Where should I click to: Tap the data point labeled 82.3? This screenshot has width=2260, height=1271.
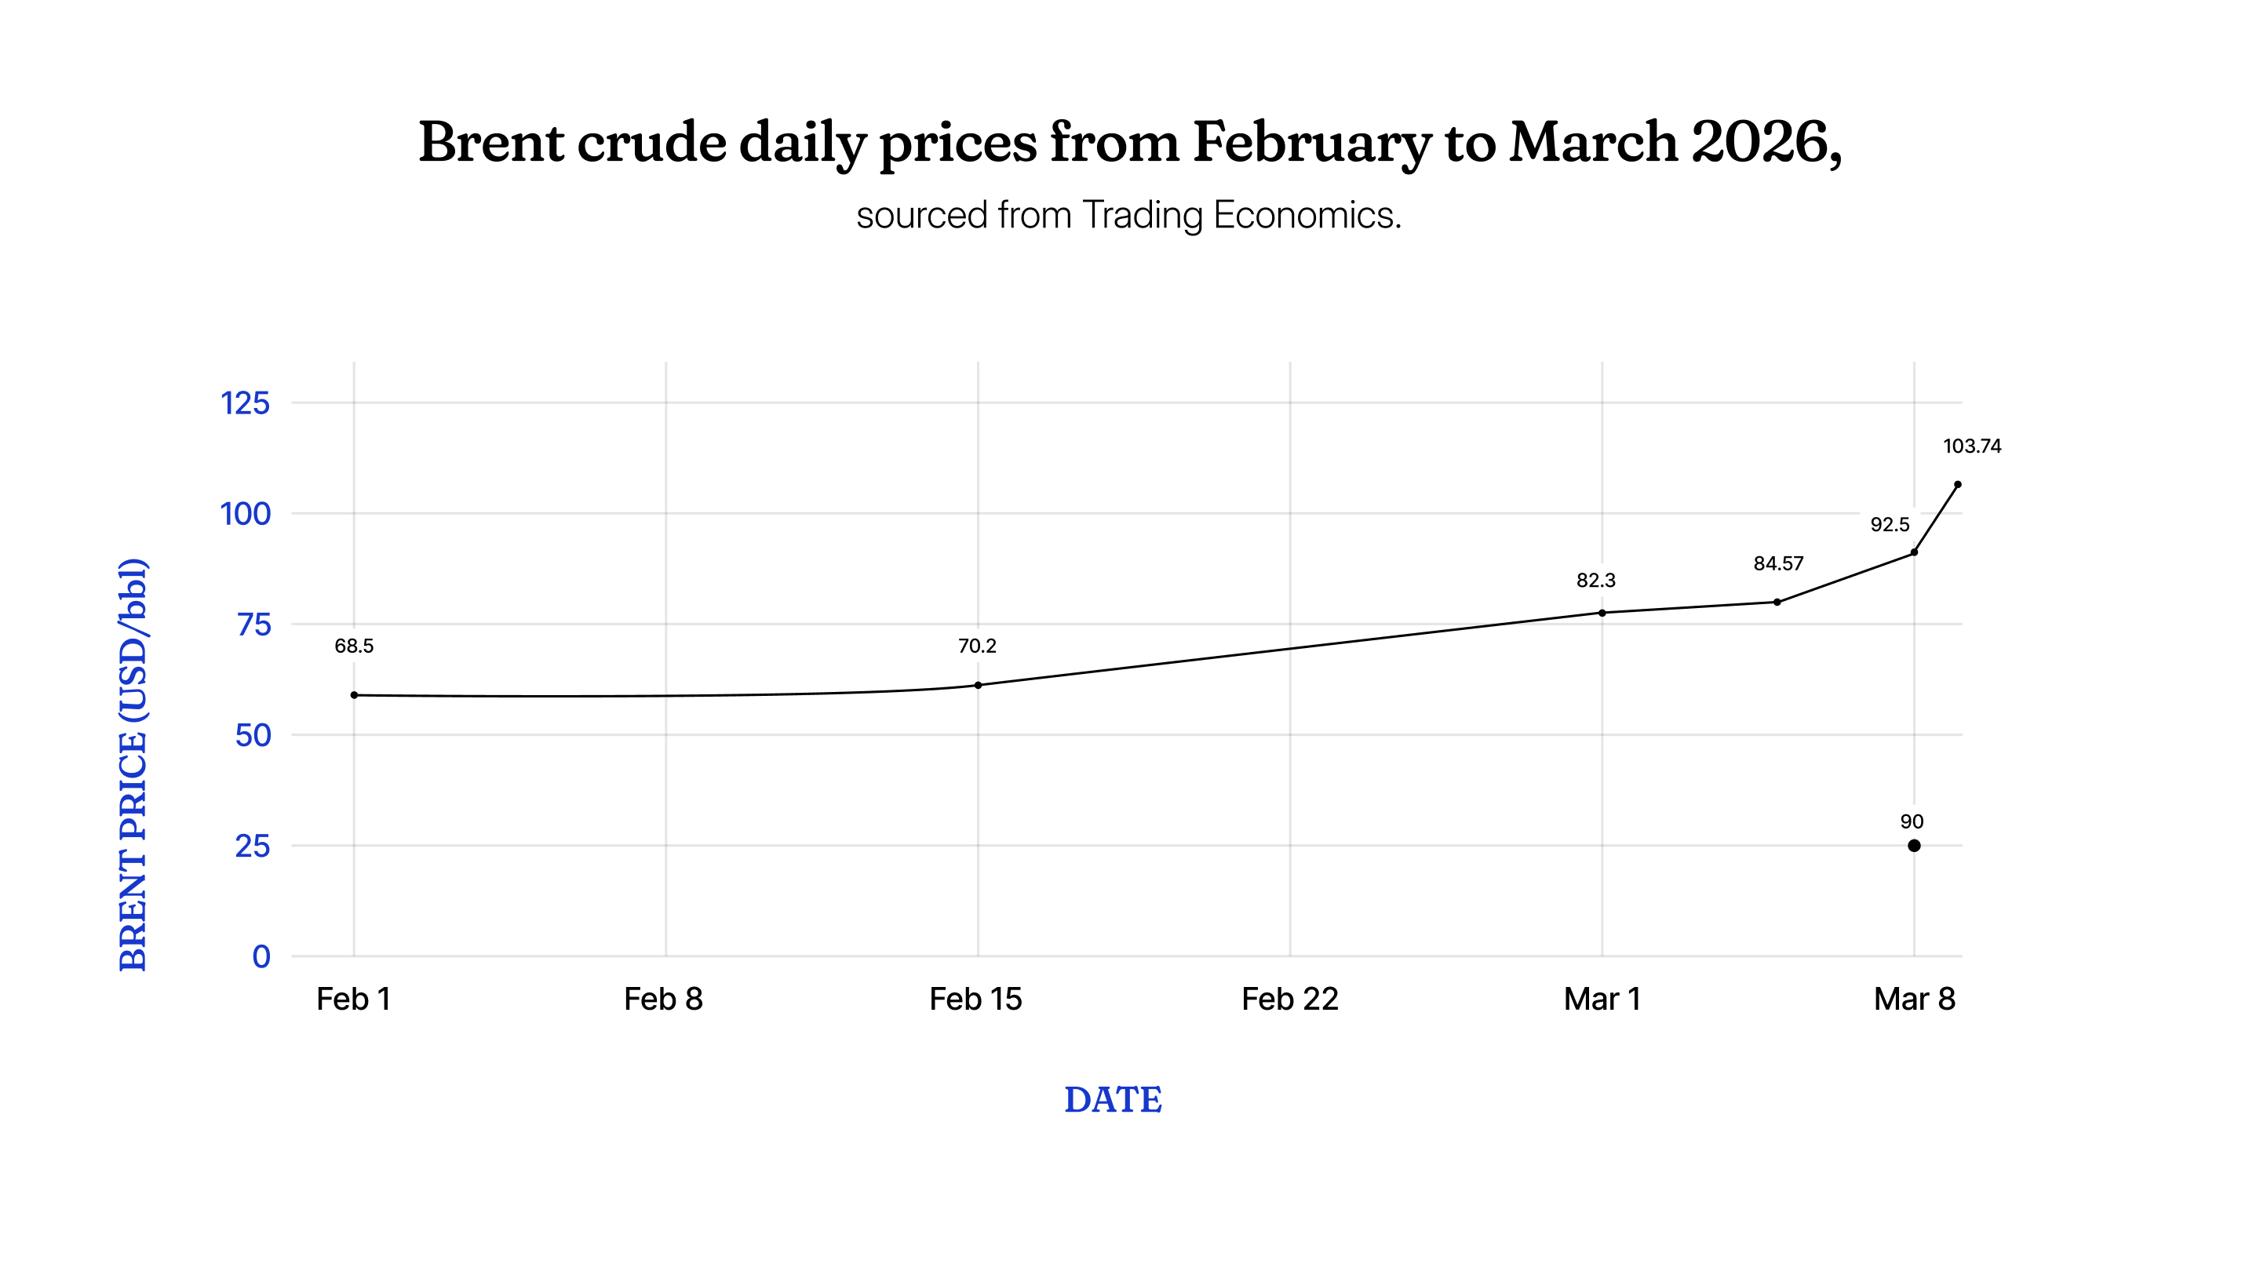[1602, 613]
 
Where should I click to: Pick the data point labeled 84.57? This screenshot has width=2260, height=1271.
[1777, 602]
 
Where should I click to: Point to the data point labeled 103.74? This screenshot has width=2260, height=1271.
[1957, 484]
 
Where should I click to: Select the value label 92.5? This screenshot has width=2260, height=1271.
[1890, 525]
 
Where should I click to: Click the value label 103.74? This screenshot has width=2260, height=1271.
[1972, 446]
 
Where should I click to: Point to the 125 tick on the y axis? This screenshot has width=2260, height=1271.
[245, 403]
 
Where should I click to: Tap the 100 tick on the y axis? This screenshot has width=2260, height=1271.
[245, 514]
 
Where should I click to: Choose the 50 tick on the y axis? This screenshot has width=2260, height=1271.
[253, 735]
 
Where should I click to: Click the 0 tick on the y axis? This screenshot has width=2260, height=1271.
[261, 956]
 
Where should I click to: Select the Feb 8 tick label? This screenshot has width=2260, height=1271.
[663, 999]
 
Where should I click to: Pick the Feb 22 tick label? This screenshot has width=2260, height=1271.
[1289, 999]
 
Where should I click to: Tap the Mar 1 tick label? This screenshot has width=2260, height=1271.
[1602, 999]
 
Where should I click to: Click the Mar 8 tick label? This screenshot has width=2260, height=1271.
[1915, 999]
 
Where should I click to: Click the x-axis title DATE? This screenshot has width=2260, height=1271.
[1114, 1100]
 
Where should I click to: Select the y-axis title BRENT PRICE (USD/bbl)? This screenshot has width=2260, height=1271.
[133, 764]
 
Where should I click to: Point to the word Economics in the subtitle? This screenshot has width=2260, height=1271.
[1307, 215]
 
